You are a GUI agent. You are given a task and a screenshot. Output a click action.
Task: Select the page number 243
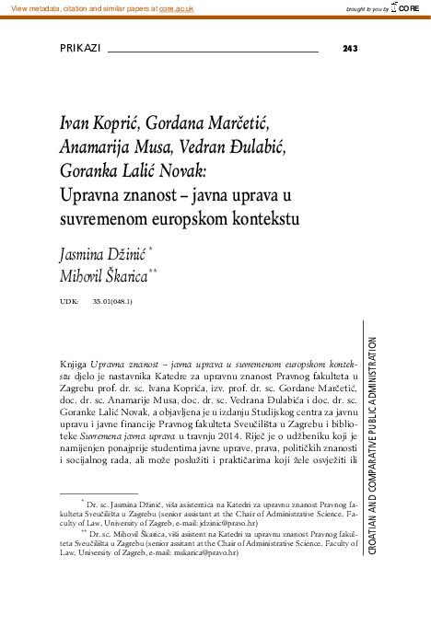(x=349, y=49)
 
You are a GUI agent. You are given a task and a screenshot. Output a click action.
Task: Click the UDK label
(x=68, y=301)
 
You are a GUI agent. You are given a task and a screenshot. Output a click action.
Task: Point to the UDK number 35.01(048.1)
(x=112, y=301)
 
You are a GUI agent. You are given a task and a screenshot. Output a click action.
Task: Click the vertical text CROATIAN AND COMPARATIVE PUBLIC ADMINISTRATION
(x=370, y=442)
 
